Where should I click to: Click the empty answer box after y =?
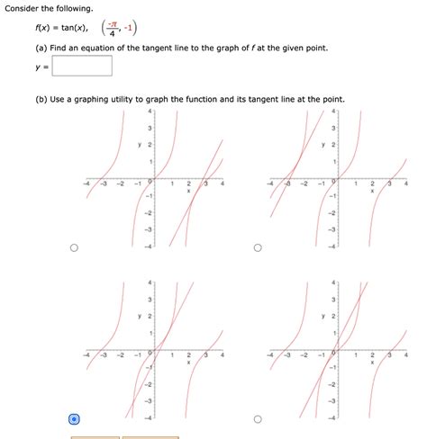[82, 66]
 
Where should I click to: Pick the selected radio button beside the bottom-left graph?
[74, 418]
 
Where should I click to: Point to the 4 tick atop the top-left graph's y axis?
[150, 112]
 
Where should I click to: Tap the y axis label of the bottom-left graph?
[140, 317]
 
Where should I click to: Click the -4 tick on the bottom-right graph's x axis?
[271, 354]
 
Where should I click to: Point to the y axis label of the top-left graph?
[140, 145]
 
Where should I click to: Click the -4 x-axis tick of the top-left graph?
[87, 183]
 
